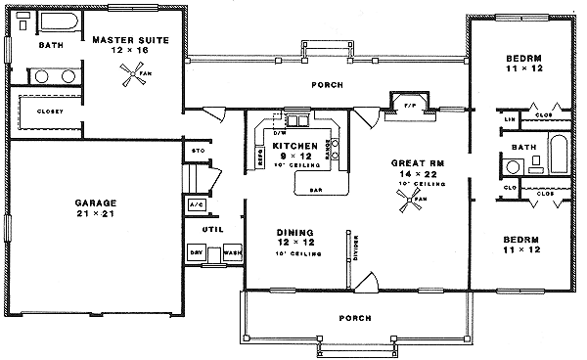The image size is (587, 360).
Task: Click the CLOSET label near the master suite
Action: coord(49,112)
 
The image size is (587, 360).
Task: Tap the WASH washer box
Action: coord(231,251)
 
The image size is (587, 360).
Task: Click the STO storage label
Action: coord(197,151)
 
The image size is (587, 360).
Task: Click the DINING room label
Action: coord(294,232)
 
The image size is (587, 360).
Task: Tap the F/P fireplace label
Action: coord(409,103)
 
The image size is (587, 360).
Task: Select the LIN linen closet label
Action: coord(510,119)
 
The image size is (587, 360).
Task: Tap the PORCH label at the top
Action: coord(326,85)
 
